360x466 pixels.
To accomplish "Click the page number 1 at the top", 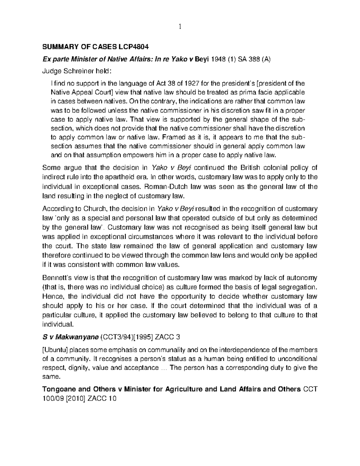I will tap(180, 27).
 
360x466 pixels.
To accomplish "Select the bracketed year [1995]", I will tap(142, 337).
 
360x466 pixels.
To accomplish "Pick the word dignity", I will tap(76, 368).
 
